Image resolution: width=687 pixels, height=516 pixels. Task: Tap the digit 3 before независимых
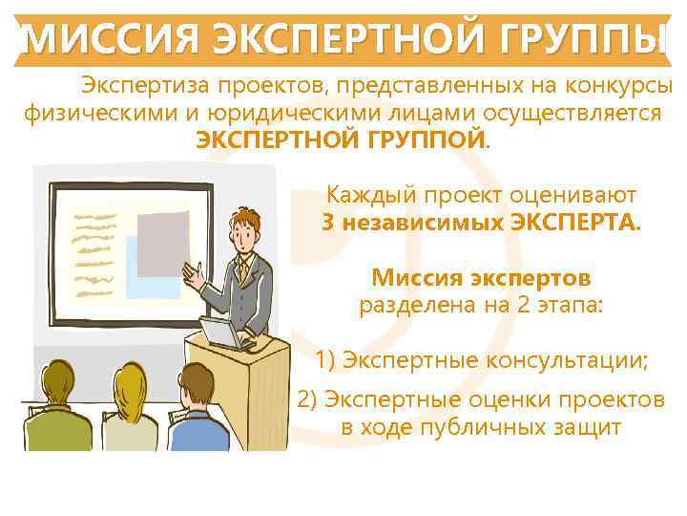[327, 224]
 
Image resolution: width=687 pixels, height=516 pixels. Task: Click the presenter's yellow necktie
[245, 269]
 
